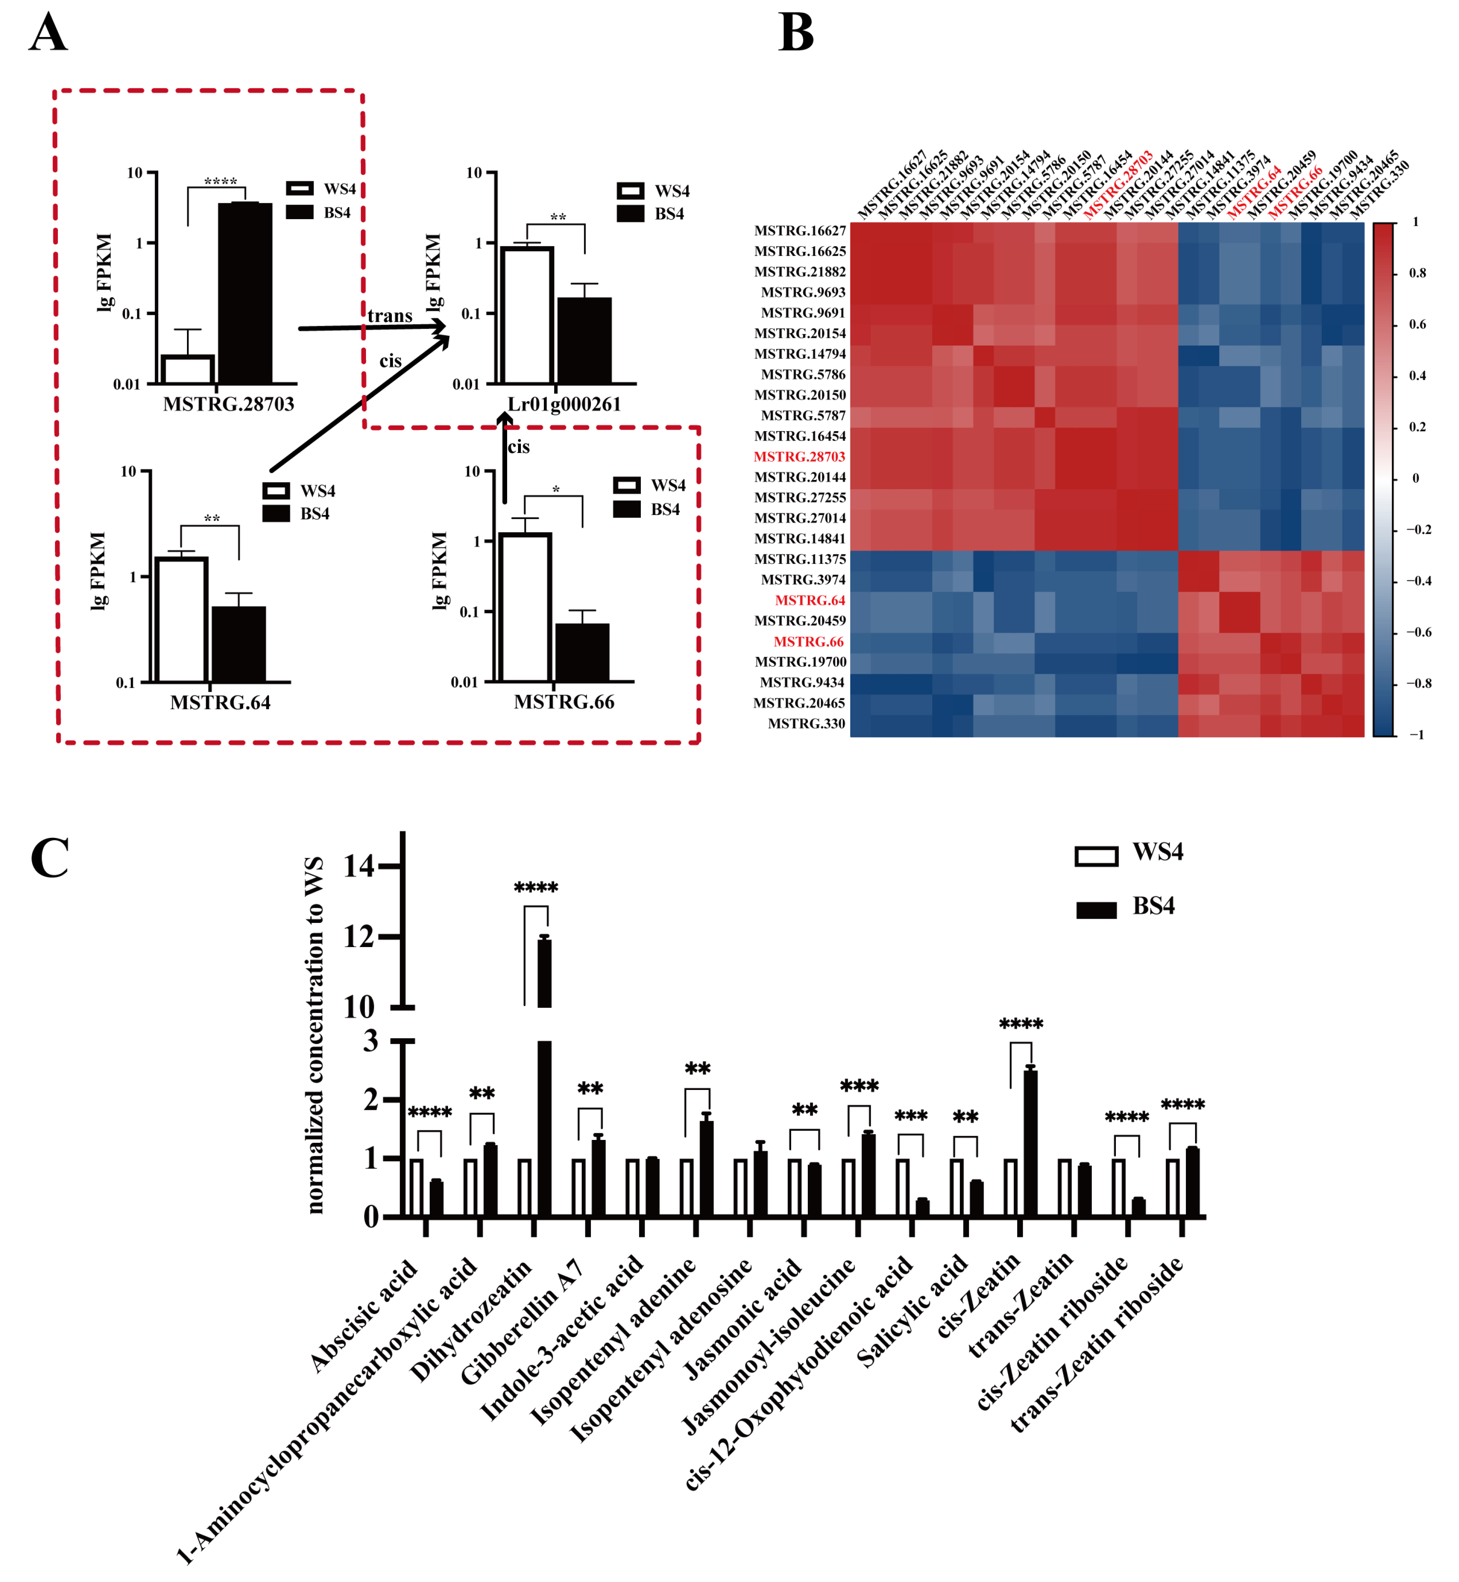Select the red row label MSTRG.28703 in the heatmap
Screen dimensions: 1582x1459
(799, 457)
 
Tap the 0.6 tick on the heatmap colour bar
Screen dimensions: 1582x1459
(1418, 325)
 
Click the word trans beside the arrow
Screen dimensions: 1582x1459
(390, 316)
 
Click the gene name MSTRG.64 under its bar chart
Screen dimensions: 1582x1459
(220, 702)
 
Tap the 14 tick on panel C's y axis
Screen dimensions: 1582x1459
(359, 867)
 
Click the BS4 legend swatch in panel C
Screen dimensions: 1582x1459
(1096, 910)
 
